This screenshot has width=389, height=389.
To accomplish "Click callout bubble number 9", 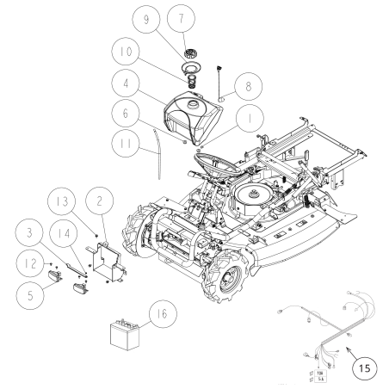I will pos(146,20).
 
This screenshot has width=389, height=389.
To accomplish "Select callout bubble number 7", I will pos(181,20).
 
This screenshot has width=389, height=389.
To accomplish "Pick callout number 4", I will pos(126,85).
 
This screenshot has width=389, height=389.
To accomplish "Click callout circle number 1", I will pos(126,113).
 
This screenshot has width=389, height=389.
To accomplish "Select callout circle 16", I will pos(162,314).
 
